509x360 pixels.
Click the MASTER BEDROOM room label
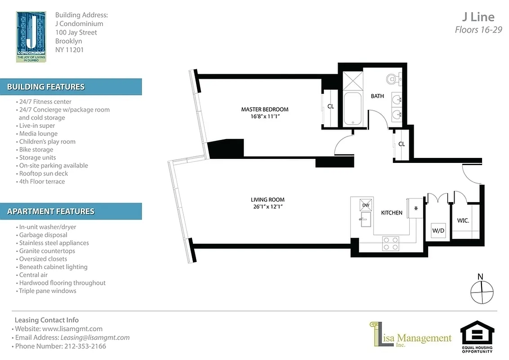[264, 109]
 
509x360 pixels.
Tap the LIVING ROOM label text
[268, 200]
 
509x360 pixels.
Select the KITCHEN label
[392, 212]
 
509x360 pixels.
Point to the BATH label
[377, 96]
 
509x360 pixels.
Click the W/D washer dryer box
[438, 230]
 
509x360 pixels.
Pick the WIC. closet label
[463, 221]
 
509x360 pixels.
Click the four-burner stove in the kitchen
[390, 243]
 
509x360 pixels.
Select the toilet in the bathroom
[393, 79]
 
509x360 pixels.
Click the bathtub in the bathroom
[353, 108]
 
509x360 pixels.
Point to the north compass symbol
[482, 291]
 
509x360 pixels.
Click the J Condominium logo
[31, 36]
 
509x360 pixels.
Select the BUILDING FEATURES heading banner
[71, 87]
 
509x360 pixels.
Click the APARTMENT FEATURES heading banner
[71, 211]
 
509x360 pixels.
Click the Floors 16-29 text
[478, 30]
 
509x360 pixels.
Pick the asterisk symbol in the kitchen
[416, 208]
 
